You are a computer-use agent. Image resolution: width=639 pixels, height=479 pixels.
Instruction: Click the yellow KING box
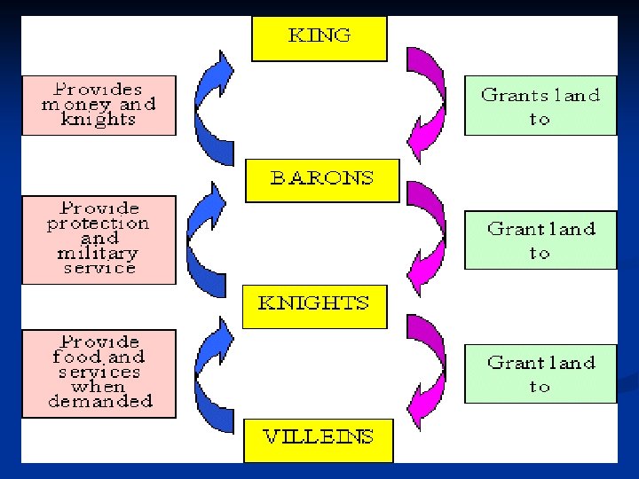click(x=319, y=38)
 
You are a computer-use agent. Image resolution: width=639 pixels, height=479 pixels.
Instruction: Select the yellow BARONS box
click(x=321, y=179)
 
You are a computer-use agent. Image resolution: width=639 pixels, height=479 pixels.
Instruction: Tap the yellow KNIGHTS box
click(x=314, y=305)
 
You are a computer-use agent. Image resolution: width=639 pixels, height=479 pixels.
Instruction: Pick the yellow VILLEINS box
click(x=318, y=438)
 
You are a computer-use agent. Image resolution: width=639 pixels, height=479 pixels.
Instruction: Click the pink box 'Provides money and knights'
click(x=99, y=105)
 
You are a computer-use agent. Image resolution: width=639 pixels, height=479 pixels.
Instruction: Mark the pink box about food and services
click(x=99, y=373)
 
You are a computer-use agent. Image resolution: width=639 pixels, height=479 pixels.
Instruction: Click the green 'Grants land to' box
click(x=540, y=106)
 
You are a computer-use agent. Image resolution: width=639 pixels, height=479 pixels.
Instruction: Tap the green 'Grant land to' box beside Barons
click(x=540, y=239)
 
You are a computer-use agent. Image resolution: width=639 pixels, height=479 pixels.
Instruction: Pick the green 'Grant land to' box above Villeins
click(x=540, y=373)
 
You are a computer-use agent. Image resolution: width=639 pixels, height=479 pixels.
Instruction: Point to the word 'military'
click(x=98, y=254)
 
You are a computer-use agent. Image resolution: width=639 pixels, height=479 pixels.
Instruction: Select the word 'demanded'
click(x=99, y=402)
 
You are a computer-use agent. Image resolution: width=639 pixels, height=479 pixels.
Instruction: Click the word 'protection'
click(x=98, y=224)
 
